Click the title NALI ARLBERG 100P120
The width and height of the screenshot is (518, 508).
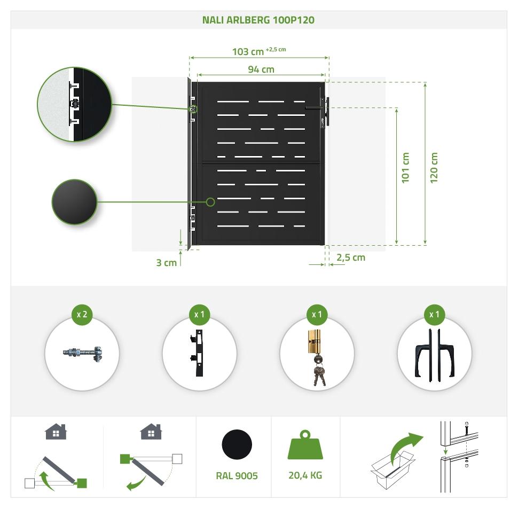(x=258, y=20)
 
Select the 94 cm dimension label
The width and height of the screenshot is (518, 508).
(x=261, y=69)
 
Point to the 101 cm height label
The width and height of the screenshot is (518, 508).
(x=405, y=168)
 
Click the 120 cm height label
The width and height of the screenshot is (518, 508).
(x=434, y=168)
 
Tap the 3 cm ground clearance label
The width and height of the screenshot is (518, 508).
(x=166, y=262)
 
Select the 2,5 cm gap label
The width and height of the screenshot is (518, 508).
(x=351, y=257)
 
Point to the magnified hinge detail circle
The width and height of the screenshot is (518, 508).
(x=74, y=105)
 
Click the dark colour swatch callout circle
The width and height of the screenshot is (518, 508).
(x=74, y=202)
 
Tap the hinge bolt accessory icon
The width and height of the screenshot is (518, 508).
(x=82, y=353)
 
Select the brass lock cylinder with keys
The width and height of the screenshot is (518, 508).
(x=317, y=357)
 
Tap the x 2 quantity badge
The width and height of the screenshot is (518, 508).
(x=82, y=314)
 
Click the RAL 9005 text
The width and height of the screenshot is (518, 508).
(x=237, y=475)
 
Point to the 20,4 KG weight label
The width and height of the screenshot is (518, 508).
(x=305, y=475)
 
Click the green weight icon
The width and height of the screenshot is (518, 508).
(x=305, y=445)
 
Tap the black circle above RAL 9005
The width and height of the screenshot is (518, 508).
(x=237, y=444)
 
